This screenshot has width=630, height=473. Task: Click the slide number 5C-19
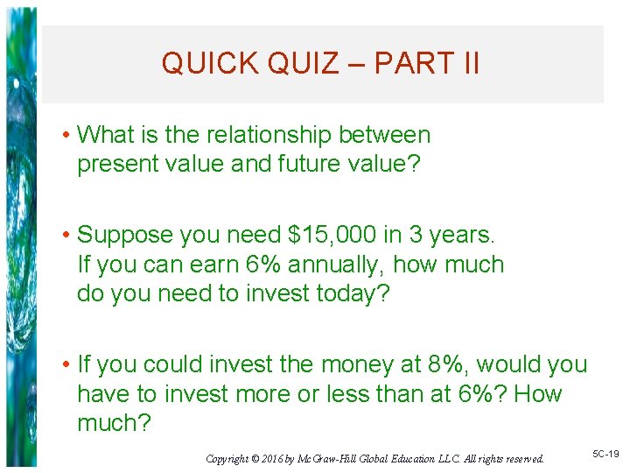click(605, 455)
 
